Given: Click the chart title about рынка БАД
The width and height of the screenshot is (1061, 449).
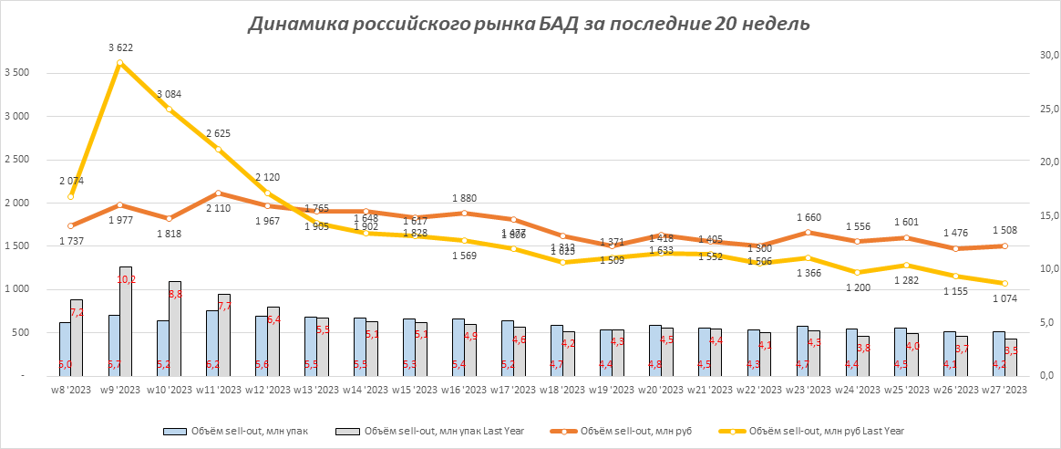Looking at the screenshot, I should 528,25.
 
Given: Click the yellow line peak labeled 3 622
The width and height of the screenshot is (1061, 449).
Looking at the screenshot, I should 119,63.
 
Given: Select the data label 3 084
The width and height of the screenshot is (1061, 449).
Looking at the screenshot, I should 170,94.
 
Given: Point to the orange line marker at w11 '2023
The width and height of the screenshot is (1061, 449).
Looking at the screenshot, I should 218,193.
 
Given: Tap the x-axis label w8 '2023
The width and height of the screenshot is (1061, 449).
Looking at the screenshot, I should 71,390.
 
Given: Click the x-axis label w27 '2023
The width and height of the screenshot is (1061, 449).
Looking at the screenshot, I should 1004,390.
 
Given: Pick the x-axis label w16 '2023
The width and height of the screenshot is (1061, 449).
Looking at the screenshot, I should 464,390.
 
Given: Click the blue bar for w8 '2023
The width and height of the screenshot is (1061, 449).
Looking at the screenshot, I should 65,349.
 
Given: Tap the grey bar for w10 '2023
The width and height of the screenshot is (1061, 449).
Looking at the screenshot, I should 175,328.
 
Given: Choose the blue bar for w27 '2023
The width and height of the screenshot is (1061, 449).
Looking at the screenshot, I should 998,353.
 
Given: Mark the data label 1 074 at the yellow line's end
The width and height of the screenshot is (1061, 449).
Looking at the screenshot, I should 1004,298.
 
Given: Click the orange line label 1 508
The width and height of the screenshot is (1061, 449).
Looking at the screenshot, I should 1004,230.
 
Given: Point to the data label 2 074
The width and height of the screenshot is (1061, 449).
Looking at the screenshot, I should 70,181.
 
